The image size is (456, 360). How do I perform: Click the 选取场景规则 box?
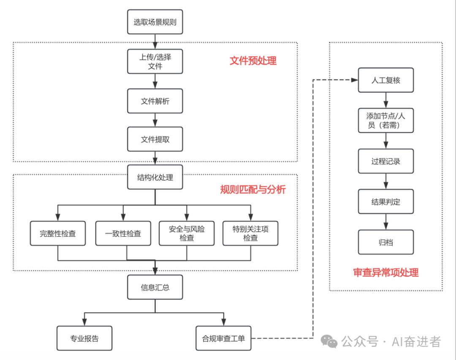[x=155, y=22]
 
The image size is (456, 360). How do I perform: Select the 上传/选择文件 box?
[x=155, y=61]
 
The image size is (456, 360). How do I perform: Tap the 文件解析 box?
[x=155, y=101]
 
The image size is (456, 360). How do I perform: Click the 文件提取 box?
[x=155, y=139]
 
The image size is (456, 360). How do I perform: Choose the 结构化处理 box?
[x=155, y=177]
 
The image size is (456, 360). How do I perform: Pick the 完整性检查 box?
[x=58, y=233]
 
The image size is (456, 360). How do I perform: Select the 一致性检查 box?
[x=123, y=233]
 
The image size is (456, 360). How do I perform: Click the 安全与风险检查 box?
[x=187, y=233]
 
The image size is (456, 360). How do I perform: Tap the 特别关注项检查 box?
[x=250, y=233]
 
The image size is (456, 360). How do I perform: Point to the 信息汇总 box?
[x=155, y=287]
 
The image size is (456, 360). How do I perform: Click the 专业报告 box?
[x=84, y=338]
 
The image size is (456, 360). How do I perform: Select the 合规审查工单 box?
[x=223, y=338]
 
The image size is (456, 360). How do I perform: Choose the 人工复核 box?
[x=385, y=80]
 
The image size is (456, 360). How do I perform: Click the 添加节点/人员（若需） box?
[x=385, y=120]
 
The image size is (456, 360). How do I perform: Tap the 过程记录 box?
[x=385, y=161]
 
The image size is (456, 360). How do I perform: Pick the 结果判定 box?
[x=385, y=201]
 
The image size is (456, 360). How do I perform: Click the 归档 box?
[x=385, y=242]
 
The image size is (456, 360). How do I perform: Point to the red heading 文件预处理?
[x=253, y=61]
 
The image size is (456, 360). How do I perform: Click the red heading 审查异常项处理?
[x=385, y=273]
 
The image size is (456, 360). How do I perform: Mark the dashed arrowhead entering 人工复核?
[x=355, y=80]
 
